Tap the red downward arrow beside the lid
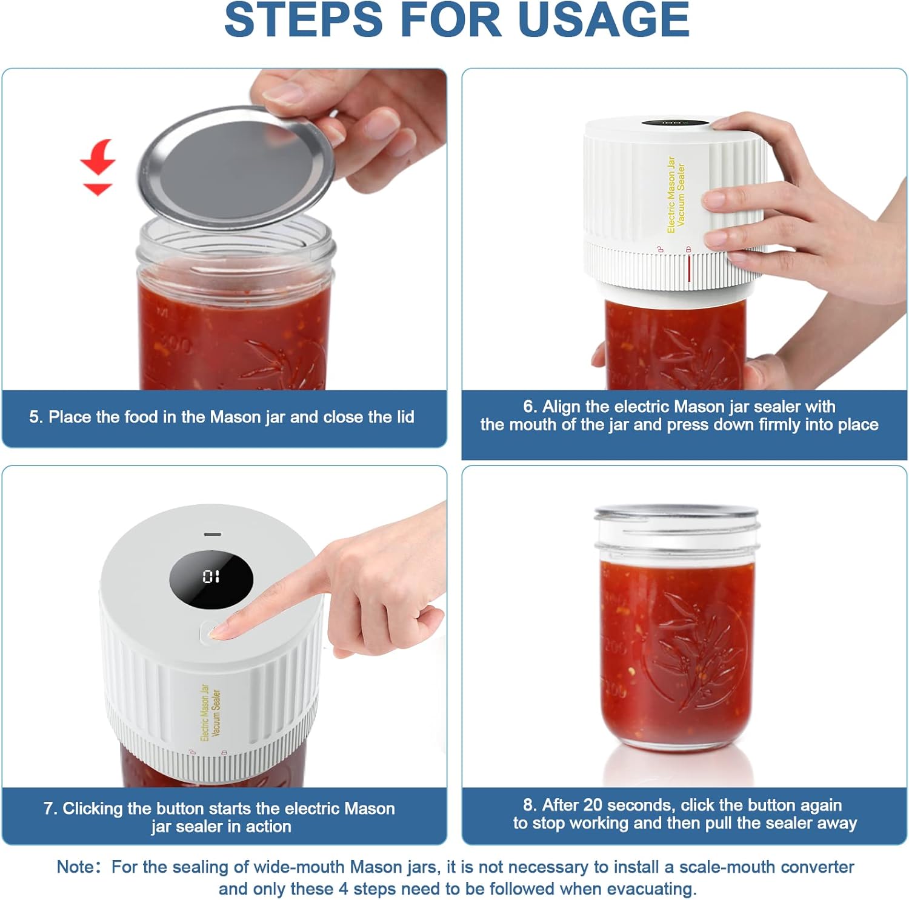(x=98, y=167)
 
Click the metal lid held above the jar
(x=236, y=167)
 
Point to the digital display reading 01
(x=211, y=576)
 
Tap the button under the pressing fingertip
(x=208, y=633)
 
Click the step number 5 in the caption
(x=35, y=417)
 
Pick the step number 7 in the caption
(x=50, y=808)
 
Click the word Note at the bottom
(x=76, y=867)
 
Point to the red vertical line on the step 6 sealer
(x=689, y=268)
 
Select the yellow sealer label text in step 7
(x=210, y=713)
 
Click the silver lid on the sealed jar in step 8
(x=676, y=513)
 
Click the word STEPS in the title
(x=303, y=19)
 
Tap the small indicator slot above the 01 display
(x=212, y=535)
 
